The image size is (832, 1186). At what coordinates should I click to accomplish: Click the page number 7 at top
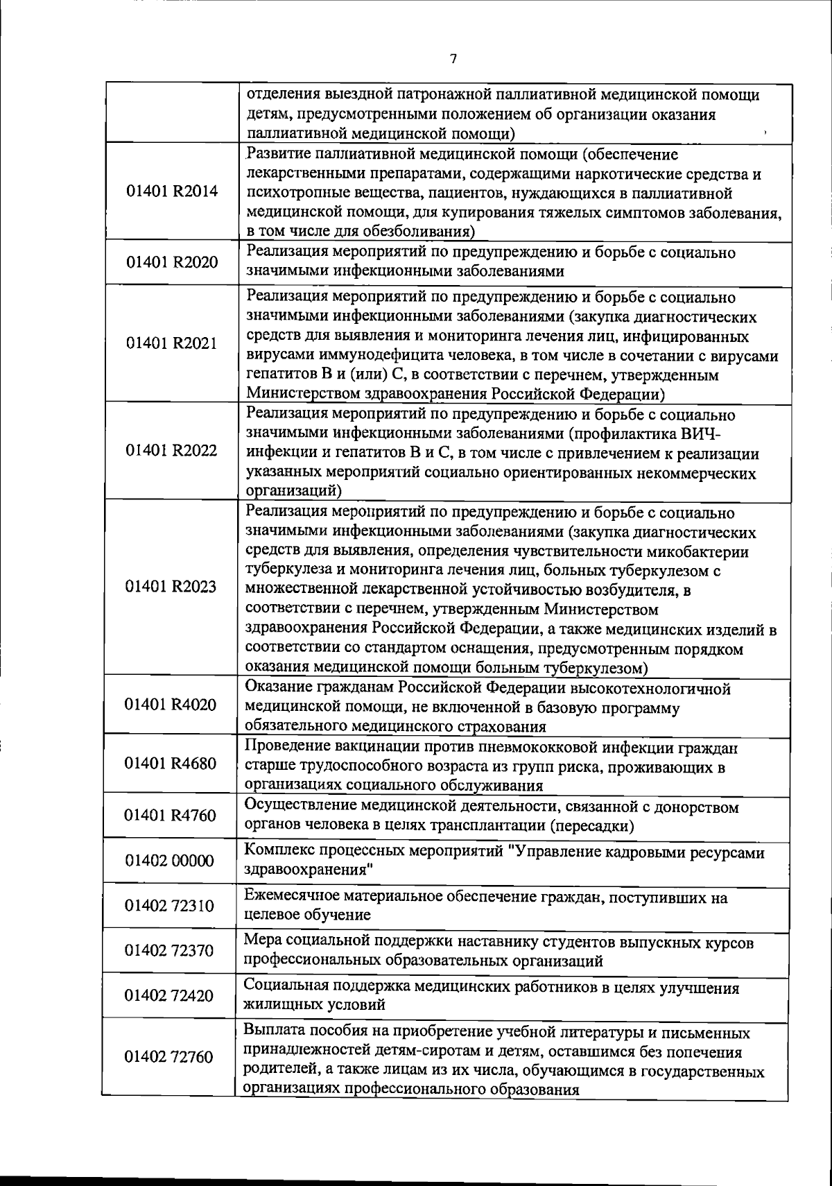tap(453, 60)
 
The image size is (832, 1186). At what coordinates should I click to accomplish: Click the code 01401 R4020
tap(171, 705)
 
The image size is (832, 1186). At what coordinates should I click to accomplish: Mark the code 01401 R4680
tap(171, 764)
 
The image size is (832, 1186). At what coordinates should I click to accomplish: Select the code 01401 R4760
tap(171, 816)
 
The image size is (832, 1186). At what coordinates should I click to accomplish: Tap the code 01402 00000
tap(170, 861)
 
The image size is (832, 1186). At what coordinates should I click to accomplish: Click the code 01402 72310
tap(170, 906)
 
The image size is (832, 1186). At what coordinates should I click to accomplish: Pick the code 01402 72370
tap(170, 951)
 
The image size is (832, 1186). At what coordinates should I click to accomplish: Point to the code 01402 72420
tap(170, 996)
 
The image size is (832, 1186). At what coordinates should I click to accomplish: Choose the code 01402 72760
tap(170, 1057)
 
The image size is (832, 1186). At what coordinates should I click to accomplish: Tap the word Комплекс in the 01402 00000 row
tap(279, 852)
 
